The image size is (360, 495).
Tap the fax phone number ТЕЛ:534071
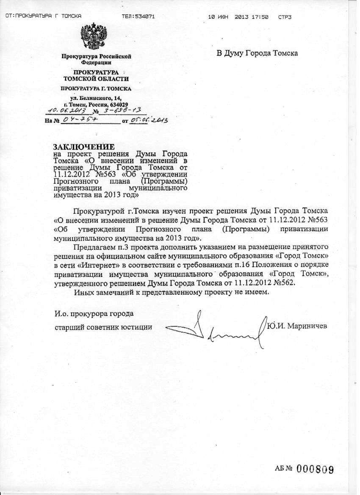coord(138,17)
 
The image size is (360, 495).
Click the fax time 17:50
coord(260,17)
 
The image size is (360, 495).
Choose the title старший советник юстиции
coord(104,327)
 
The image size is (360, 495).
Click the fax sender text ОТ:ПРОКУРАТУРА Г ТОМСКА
coord(43,17)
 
